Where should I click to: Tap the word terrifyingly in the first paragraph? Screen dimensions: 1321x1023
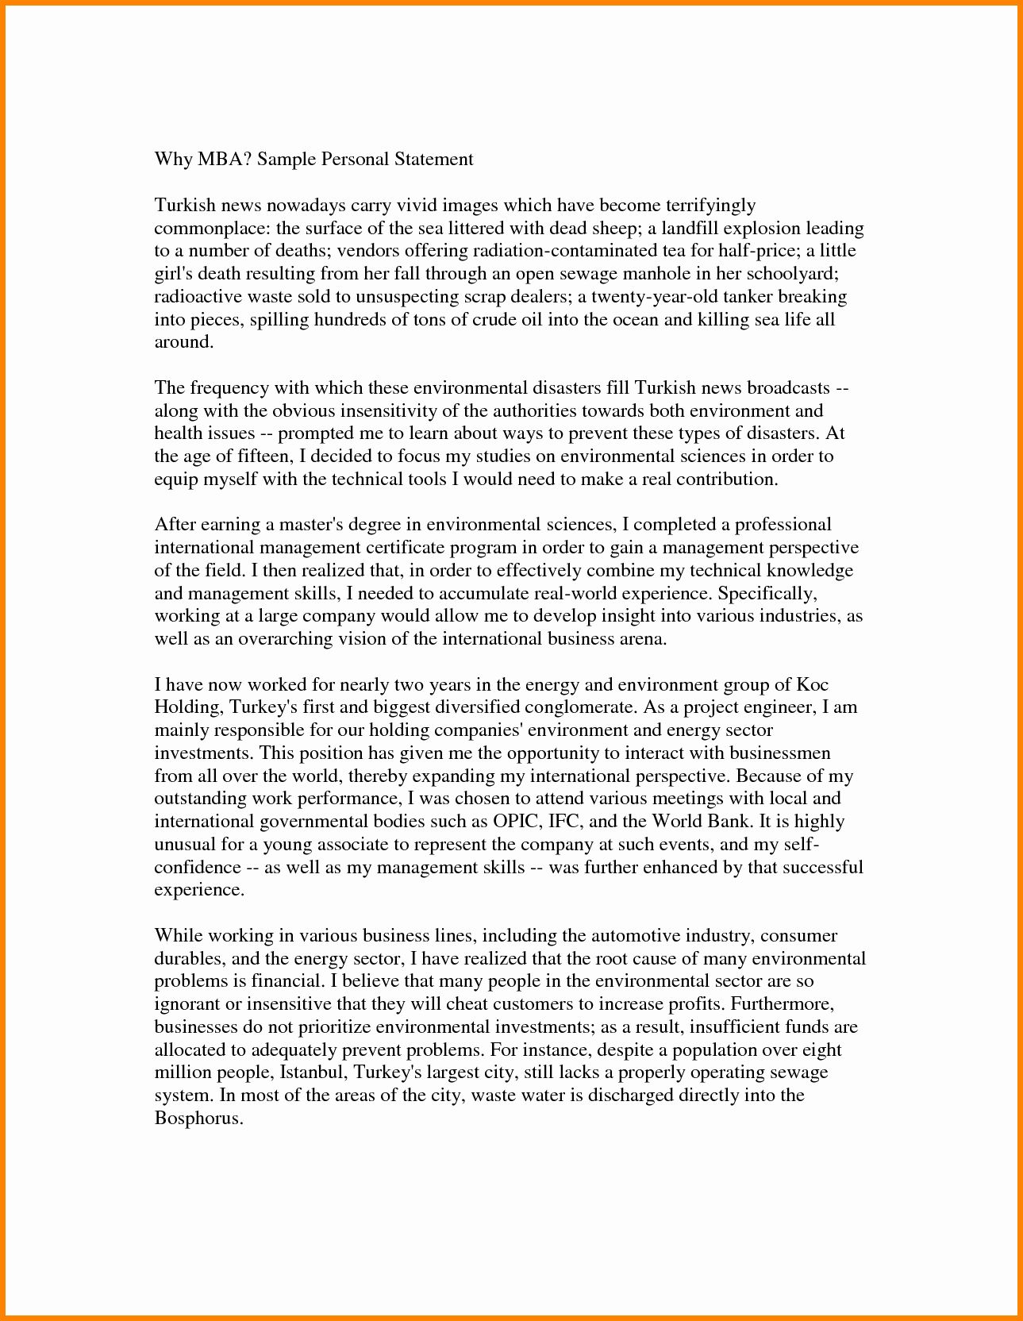(710, 206)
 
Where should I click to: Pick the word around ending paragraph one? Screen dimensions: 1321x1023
(183, 343)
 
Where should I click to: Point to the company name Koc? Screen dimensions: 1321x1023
(812, 684)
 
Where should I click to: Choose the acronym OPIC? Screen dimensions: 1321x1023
(501, 821)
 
